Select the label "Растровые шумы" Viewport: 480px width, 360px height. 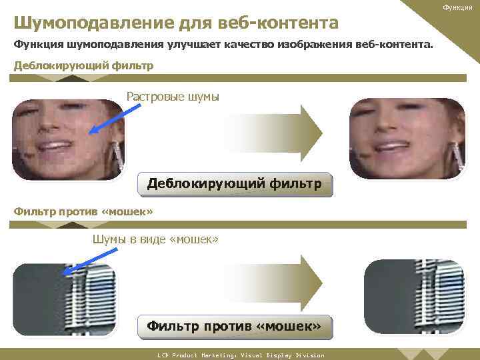click(173, 97)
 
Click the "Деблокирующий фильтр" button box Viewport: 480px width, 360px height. click(234, 183)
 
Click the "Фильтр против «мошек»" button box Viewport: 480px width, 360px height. click(234, 326)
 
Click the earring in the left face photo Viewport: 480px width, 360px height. click(119, 156)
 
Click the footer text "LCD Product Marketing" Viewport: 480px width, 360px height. click(193, 355)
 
